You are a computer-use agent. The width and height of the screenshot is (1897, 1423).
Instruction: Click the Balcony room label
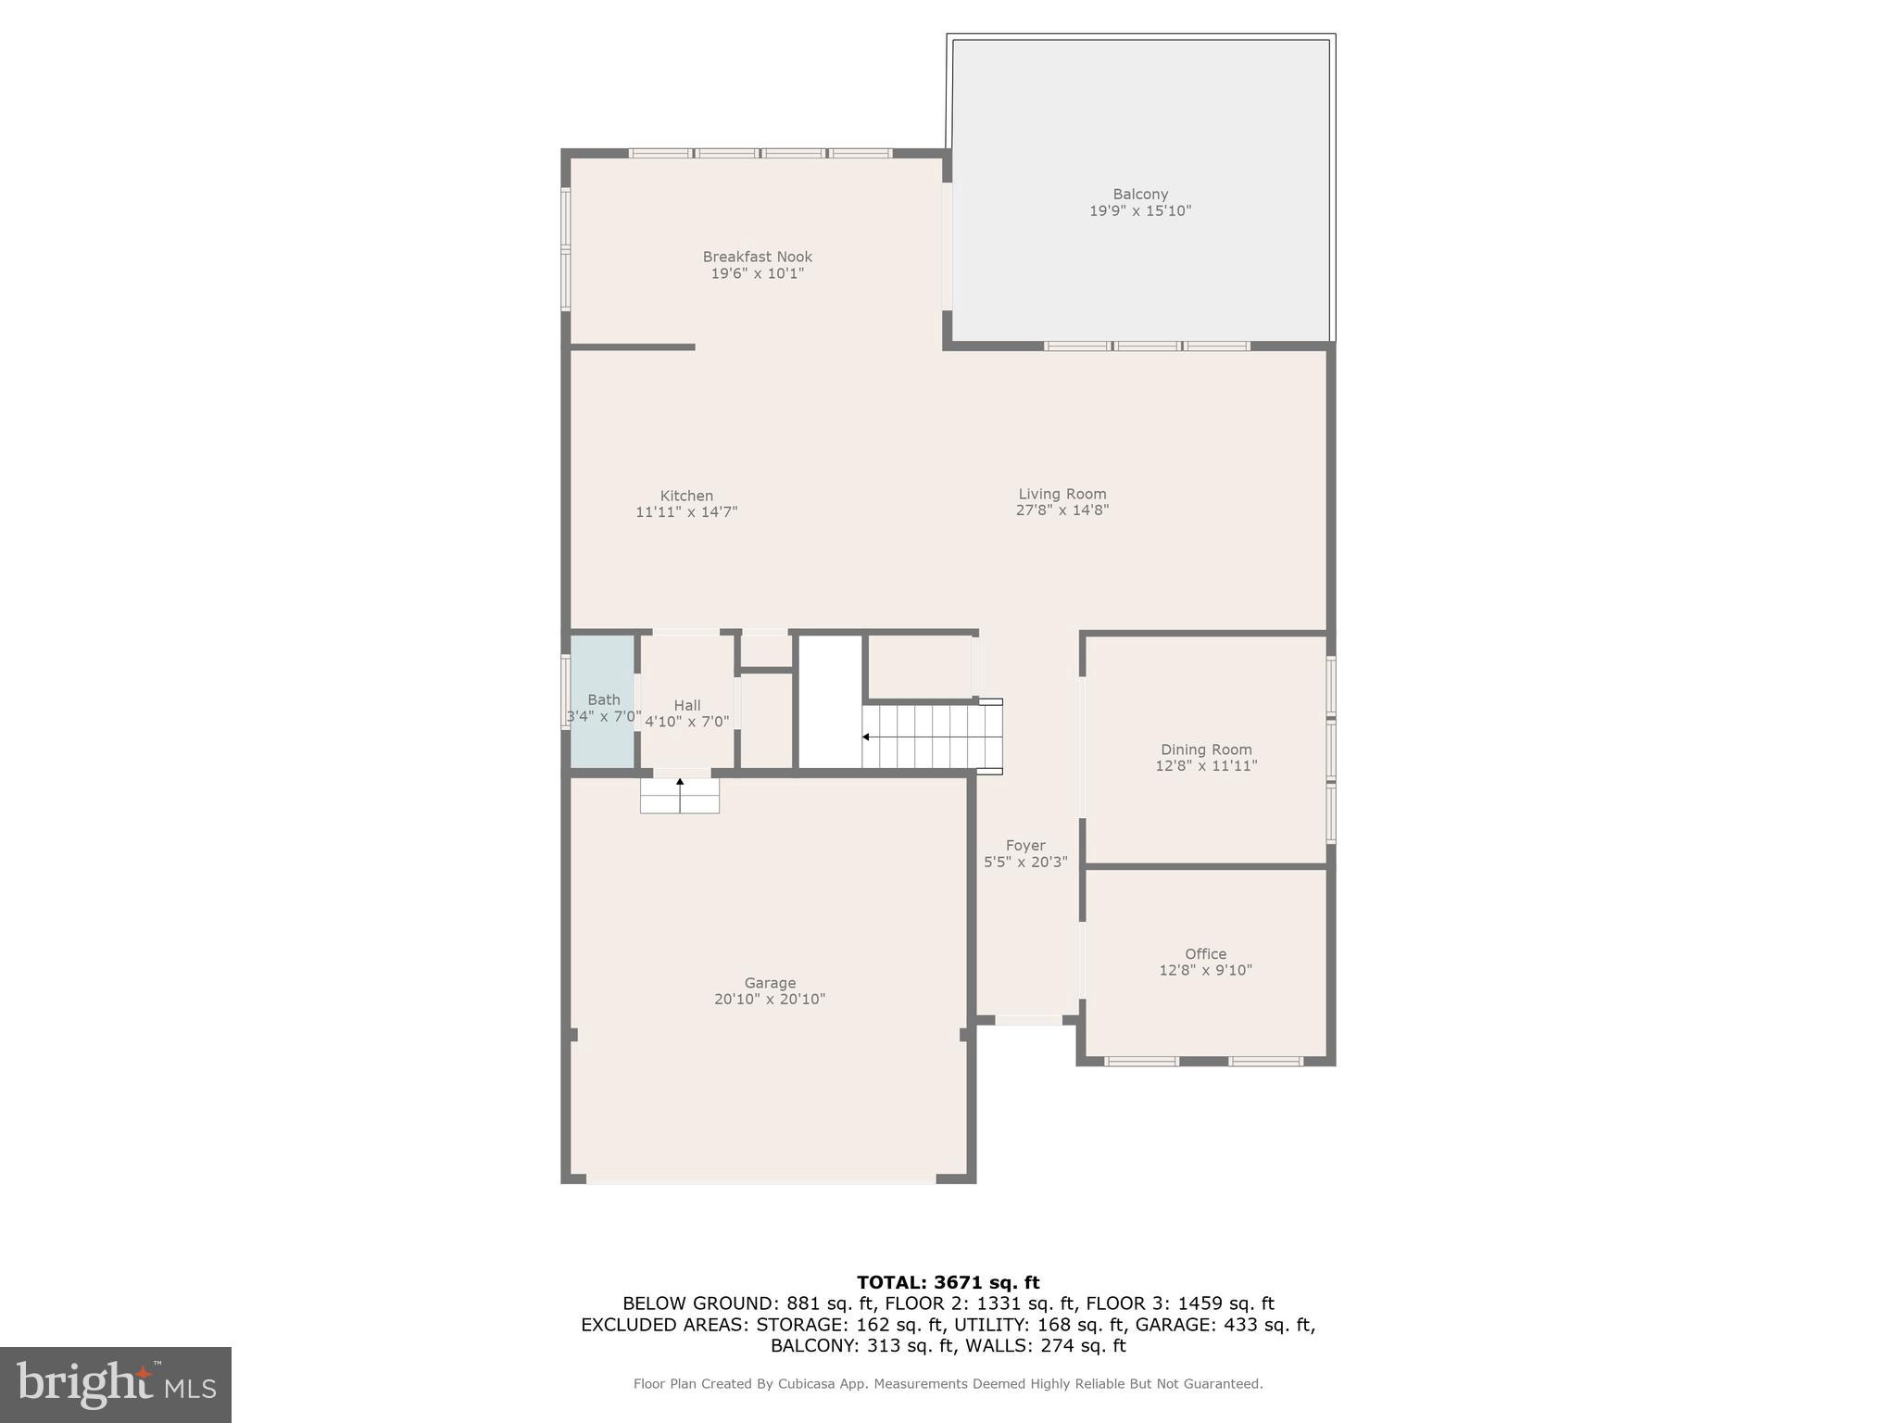pos(1139,195)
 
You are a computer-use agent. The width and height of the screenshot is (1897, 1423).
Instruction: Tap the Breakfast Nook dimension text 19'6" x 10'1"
pos(757,274)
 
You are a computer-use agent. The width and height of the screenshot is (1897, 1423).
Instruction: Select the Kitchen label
pos(686,496)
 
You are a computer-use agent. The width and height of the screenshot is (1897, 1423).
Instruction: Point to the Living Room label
pos(1062,494)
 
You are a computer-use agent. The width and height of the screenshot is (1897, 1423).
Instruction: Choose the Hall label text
pos(687,706)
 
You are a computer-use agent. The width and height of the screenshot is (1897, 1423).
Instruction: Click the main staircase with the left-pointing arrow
pos(930,737)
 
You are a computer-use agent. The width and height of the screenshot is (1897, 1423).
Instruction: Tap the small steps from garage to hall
pos(680,796)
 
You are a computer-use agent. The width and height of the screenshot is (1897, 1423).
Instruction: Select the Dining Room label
pos(1206,749)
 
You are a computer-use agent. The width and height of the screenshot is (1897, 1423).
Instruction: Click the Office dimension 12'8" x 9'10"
pos(1205,970)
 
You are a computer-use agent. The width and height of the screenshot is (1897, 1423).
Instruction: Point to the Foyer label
pos(1025,846)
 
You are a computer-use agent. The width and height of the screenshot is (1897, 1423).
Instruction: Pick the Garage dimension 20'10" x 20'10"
pos(769,1000)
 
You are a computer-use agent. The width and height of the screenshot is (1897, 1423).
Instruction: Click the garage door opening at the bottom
pos(761,1179)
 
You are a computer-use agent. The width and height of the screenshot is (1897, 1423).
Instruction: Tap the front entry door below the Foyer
pos(1028,1020)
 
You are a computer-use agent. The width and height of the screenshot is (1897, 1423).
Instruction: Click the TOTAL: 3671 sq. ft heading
pos(948,1283)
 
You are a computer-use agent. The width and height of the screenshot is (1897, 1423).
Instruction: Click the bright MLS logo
pos(116,1385)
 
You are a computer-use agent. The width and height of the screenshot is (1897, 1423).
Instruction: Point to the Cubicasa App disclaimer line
pos(948,1384)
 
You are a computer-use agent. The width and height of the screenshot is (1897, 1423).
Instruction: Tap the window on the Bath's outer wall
pos(565,692)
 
